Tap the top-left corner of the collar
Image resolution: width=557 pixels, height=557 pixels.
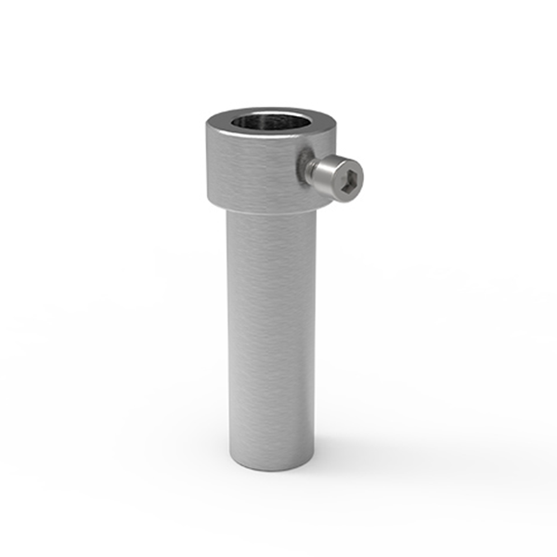coord(207,123)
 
